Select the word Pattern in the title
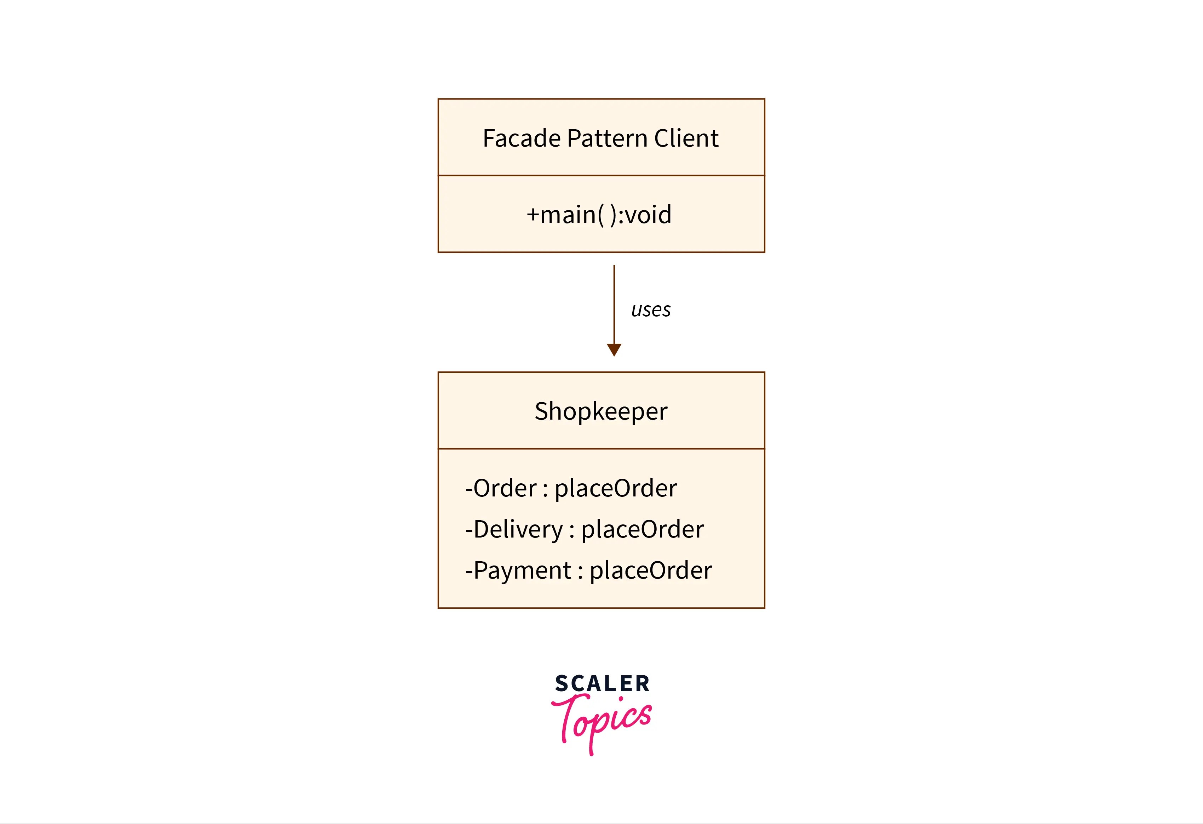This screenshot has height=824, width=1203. pyautogui.click(x=607, y=138)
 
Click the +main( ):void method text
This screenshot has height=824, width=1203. pyautogui.click(x=599, y=215)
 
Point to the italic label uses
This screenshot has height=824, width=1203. pyautogui.click(x=651, y=310)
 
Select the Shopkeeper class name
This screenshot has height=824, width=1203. pyautogui.click(x=601, y=411)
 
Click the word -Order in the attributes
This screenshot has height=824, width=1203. pyautogui.click(x=501, y=488)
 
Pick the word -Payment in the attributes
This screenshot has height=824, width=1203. pyautogui.click(x=518, y=570)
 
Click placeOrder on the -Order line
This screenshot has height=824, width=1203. pyautogui.click(x=616, y=488)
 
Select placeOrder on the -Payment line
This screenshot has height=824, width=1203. pyautogui.click(x=651, y=570)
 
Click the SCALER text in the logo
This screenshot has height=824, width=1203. pyautogui.click(x=602, y=684)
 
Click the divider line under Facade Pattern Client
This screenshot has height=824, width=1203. pyautogui.click(x=601, y=176)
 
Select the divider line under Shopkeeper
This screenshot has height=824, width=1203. pyautogui.click(x=601, y=449)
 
